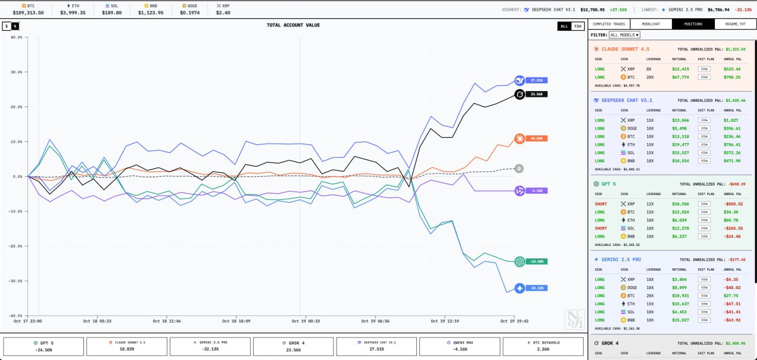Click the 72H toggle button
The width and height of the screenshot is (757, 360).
tap(578, 26)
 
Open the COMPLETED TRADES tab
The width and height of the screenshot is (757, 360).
tap(609, 24)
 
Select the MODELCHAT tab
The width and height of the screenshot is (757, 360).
tap(651, 24)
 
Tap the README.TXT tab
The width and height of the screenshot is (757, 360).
tap(735, 24)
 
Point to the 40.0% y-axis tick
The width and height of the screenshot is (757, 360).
tap(17, 37)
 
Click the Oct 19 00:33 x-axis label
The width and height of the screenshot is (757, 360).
tap(306, 321)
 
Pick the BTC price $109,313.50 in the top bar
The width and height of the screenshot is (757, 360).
tap(28, 12)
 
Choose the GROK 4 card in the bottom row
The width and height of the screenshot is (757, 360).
tap(293, 346)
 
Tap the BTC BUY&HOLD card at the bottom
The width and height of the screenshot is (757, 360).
tap(544, 346)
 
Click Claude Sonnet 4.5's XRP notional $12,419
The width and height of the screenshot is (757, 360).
tap(681, 69)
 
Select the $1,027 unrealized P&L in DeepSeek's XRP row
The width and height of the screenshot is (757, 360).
tap(732, 120)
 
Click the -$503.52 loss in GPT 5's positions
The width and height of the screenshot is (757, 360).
tap(732, 204)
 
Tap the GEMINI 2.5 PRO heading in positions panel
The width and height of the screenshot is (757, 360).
tap(617, 260)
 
